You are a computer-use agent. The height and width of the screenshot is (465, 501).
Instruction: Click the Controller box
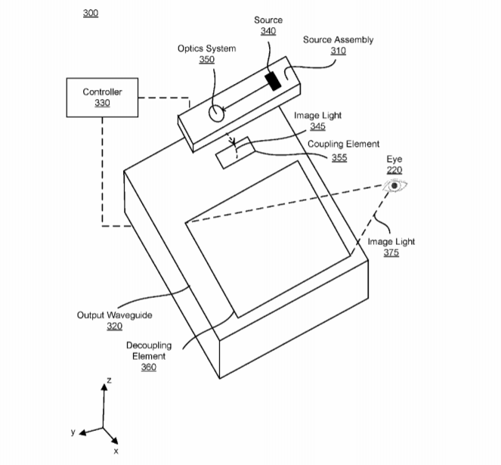point(102,98)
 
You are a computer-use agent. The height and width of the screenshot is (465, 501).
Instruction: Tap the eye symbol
point(394,185)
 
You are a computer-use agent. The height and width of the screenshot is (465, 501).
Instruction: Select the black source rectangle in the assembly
point(272,80)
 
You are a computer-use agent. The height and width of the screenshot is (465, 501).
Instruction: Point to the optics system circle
point(216,113)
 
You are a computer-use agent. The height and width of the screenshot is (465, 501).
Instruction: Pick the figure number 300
point(90,14)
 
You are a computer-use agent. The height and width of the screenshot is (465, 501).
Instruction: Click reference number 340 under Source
point(268,31)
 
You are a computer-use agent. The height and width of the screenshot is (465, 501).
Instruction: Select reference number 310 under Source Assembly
point(338,51)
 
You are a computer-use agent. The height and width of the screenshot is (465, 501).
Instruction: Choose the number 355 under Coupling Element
point(339,157)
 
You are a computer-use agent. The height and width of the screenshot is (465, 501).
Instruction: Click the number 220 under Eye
point(394,170)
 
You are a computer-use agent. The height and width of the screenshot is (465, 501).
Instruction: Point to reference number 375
point(391,253)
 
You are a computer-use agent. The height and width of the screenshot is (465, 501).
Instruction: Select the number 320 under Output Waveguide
point(114,326)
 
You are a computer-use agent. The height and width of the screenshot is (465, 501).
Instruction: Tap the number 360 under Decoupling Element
point(149,367)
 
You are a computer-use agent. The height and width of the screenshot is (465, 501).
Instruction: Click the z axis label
point(109,380)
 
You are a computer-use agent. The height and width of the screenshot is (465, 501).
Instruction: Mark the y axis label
point(73,432)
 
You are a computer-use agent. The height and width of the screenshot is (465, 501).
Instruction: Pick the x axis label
point(116,451)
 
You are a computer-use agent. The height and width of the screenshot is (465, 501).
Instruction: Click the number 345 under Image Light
point(317,126)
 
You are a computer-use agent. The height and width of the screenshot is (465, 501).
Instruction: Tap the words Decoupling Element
point(149,350)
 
